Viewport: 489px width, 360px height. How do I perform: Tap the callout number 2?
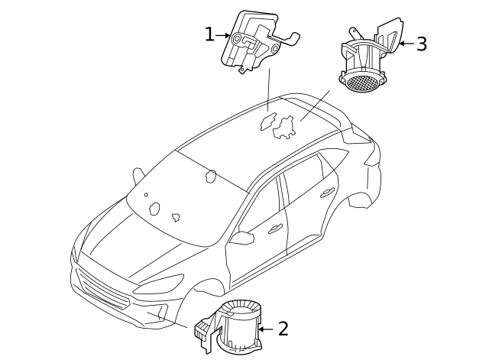pos(283,329)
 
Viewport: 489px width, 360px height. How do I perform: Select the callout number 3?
pos(421,44)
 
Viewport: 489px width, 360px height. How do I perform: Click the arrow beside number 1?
pos(223,35)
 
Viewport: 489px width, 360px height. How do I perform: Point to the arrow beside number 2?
pos(264,329)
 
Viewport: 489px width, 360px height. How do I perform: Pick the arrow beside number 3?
pos(405,44)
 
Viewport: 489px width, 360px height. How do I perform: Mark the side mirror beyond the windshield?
pos(138,174)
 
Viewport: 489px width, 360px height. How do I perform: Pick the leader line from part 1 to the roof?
pos(268,89)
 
